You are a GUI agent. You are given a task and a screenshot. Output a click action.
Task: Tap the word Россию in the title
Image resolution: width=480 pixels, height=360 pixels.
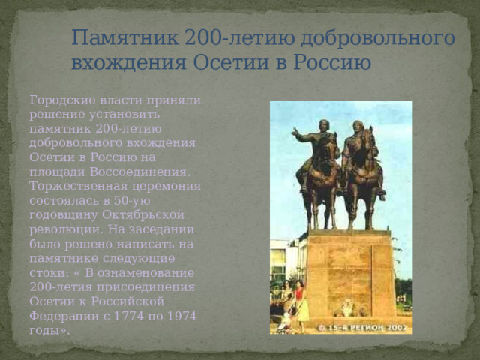(334, 62)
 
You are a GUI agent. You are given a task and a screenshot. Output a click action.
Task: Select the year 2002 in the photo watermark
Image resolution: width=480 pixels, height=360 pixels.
(397, 328)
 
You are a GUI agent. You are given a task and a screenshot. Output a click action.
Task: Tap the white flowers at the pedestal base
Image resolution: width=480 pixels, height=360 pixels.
(347, 307)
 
